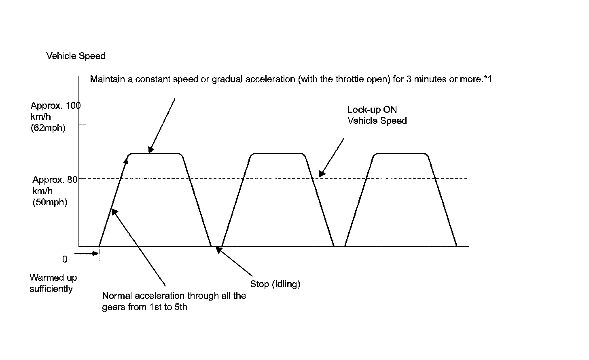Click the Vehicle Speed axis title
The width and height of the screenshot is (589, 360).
76,56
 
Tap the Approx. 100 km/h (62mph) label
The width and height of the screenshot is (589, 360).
55,117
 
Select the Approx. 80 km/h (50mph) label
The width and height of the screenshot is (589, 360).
55,191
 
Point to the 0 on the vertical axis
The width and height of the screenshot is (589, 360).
64,259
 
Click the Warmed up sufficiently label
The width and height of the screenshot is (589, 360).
53,283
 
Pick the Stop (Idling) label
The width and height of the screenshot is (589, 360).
275,284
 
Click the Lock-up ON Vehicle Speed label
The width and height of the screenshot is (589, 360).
377,115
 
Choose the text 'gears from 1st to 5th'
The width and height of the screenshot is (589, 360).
145,307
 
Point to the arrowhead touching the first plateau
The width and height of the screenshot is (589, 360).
150,150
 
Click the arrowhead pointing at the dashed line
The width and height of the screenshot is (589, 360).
321,174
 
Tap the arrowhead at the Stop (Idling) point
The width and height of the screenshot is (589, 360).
218,250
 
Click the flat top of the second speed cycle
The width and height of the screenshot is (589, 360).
277,154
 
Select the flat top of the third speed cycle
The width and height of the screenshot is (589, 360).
400,154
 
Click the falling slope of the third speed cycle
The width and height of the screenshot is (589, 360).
442,200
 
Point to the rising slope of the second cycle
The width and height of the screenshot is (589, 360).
235,200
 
